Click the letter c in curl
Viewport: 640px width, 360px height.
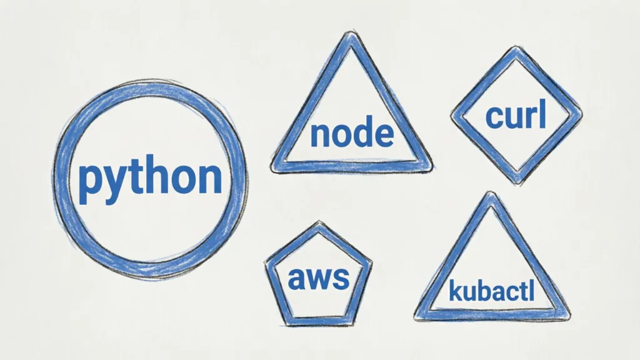[494, 118]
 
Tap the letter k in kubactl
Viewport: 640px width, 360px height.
[455, 291]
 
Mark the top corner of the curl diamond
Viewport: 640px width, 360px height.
[516, 49]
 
